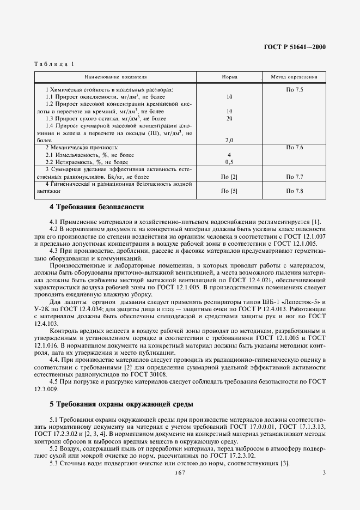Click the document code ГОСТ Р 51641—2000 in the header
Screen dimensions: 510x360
[294, 47]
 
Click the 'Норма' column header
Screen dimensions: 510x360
[229, 77]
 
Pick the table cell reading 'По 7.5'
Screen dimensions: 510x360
[294, 89]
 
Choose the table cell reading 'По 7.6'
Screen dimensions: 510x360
[294, 148]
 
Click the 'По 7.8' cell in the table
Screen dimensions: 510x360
[294, 192]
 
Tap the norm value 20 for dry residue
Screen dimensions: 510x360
[229, 118]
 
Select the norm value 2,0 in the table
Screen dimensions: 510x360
[229, 140]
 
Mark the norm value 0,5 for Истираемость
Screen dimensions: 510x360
[229, 162]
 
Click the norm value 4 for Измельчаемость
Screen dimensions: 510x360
[229, 155]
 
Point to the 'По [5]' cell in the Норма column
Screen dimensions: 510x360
[229, 192]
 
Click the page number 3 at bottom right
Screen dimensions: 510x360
[324, 472]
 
